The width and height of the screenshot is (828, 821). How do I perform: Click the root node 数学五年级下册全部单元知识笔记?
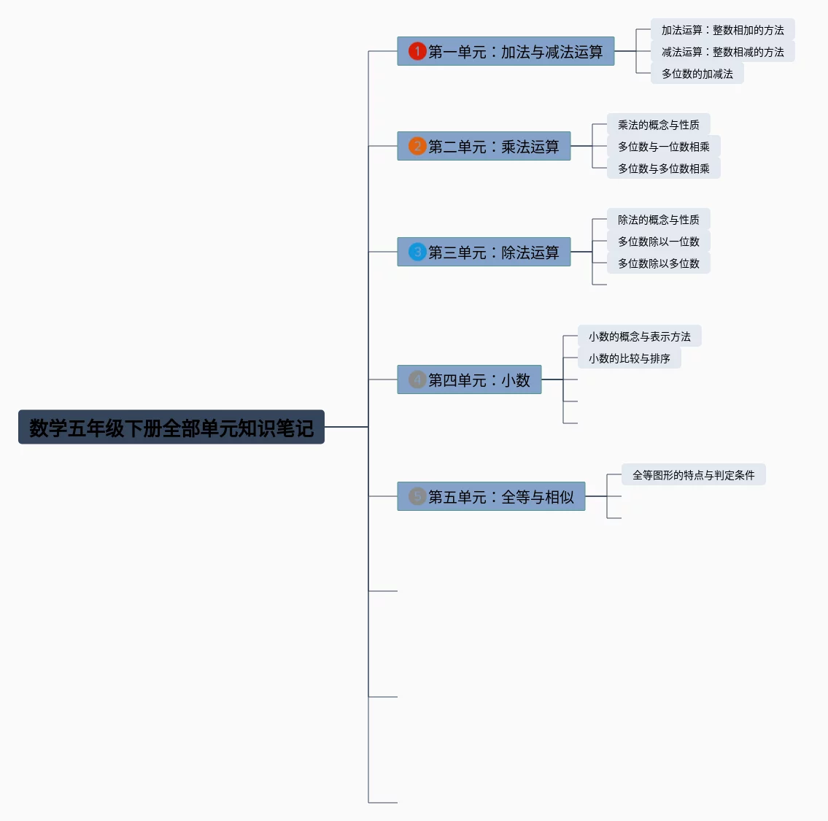(171, 427)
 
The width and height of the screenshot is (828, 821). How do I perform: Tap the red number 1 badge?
(417, 51)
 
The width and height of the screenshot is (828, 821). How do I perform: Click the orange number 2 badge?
(417, 146)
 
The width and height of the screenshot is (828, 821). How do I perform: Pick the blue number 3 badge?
(417, 252)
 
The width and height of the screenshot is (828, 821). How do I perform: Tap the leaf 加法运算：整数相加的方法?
(722, 30)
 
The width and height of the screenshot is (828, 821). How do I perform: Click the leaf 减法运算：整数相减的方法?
(722, 52)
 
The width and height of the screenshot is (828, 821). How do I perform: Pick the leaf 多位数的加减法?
(697, 74)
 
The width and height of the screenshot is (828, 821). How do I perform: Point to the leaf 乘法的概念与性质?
(658, 125)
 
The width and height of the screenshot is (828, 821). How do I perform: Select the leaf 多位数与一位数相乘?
(663, 147)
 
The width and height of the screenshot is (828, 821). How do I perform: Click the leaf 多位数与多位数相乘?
(663, 169)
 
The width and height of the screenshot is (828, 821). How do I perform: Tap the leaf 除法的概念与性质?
(658, 220)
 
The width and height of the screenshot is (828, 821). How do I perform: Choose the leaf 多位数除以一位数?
(658, 242)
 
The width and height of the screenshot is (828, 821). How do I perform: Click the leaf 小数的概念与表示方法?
(639, 336)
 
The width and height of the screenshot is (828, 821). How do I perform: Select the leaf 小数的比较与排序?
(629, 358)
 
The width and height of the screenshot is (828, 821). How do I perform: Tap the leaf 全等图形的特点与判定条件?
(693, 475)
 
